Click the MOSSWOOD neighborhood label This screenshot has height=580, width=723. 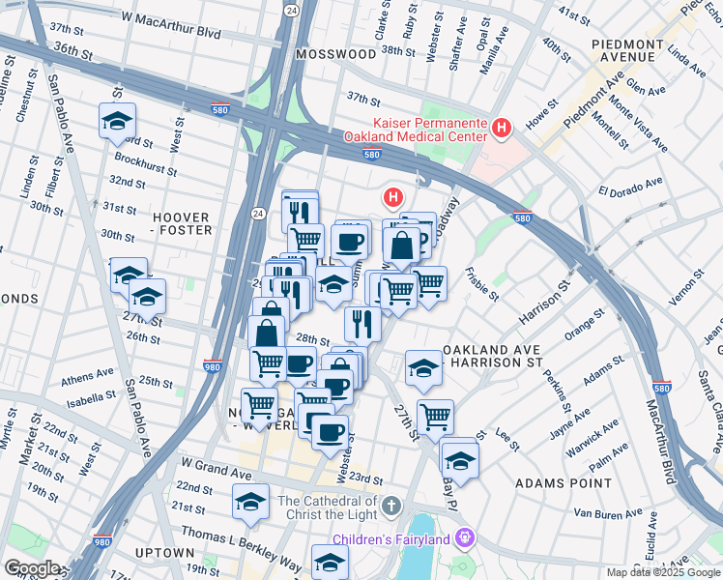pos(335,55)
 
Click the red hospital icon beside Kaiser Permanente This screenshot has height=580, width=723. pos(501,127)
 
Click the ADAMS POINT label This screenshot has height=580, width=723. pos(551,480)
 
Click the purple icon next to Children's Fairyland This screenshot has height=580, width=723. pos(466,537)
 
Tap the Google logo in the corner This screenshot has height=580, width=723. pos(32,568)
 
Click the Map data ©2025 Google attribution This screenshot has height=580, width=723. pos(663,572)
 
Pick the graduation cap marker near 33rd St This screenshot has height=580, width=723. pos(117,121)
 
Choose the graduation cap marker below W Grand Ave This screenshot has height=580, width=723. pos(251,502)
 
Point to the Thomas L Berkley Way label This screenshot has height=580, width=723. pos(235,538)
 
